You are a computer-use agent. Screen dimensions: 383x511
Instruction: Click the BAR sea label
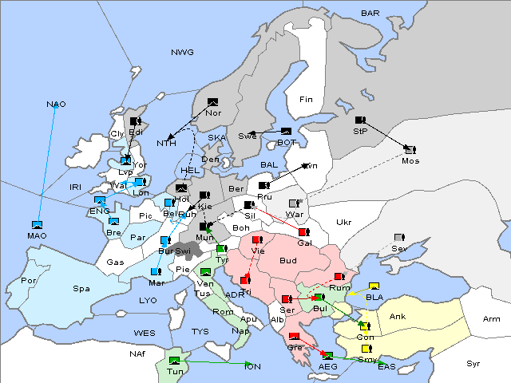coord(370,14)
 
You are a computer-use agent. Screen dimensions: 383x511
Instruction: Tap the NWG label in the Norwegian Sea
coord(182,53)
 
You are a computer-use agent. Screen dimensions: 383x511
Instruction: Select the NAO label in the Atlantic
coord(56,105)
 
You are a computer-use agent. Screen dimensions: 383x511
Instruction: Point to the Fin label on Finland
coord(306,100)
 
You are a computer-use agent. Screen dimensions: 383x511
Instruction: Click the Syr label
coord(473,364)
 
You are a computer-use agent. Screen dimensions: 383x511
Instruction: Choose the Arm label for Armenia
coord(492,319)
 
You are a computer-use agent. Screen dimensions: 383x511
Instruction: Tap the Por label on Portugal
coord(29,281)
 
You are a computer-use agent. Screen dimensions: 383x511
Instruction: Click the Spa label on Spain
coord(81,288)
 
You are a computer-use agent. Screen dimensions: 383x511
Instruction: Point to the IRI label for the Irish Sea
coord(76,187)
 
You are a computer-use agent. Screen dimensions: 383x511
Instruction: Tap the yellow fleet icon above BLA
coord(374,286)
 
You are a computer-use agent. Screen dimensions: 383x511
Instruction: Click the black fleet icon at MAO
coord(37,225)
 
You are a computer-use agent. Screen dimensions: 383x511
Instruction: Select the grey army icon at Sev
coord(399,238)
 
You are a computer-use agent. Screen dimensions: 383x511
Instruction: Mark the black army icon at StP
coord(360,120)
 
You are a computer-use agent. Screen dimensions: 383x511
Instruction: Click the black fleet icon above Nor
coord(212,102)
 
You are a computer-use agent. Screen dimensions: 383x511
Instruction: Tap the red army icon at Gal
coord(303,232)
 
